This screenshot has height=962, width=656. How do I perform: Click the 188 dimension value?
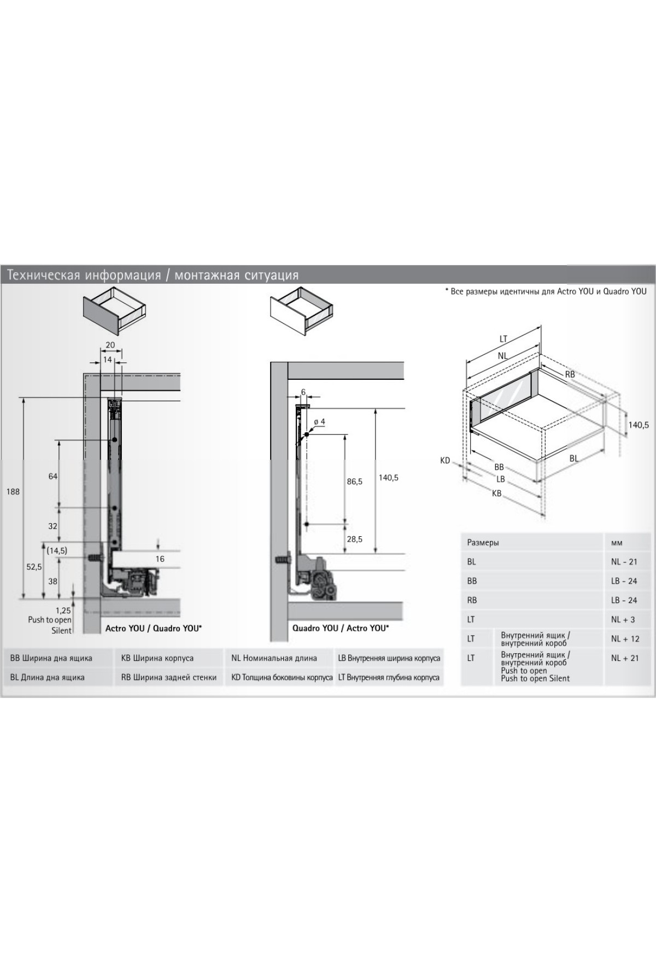pyautogui.click(x=13, y=491)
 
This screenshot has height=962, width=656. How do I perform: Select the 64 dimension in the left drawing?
pyautogui.click(x=52, y=476)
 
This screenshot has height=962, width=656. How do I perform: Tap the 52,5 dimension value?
pyautogui.click(x=34, y=567)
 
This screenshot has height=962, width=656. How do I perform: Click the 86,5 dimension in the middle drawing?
pyautogui.click(x=354, y=482)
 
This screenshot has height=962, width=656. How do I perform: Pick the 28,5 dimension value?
pyautogui.click(x=354, y=539)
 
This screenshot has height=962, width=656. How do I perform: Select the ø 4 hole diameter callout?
pyautogui.click(x=319, y=422)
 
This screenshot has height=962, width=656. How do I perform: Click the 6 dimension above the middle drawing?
pyautogui.click(x=303, y=392)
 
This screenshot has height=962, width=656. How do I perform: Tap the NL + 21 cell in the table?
pyautogui.click(x=625, y=658)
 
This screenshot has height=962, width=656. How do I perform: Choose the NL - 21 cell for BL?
pyautogui.click(x=624, y=562)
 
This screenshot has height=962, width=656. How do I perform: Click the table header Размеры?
pyautogui.click(x=483, y=543)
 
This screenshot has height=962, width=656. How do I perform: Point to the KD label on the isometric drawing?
pyautogui.click(x=445, y=461)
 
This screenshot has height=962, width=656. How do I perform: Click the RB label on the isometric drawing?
pyautogui.click(x=570, y=374)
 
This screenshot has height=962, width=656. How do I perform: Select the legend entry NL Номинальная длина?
pyautogui.click(x=274, y=658)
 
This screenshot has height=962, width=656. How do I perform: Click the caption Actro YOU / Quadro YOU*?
pyautogui.click(x=154, y=629)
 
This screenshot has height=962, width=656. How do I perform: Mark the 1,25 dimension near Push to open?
pyautogui.click(x=63, y=610)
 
